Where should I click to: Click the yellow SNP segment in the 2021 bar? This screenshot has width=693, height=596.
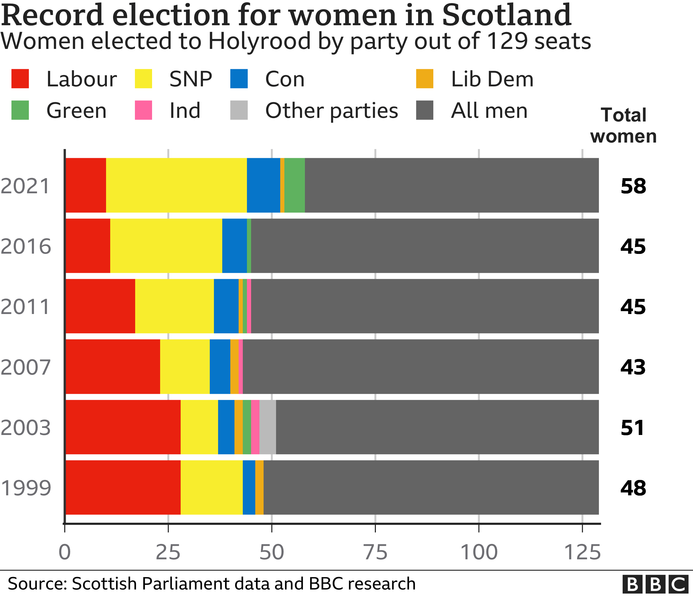(x=176, y=185)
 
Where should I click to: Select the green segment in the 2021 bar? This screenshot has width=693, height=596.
(x=294, y=185)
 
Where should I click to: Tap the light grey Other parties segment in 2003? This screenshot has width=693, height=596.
(x=267, y=427)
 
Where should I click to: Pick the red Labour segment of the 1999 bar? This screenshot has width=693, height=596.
(x=123, y=487)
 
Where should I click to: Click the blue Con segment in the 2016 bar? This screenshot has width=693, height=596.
(x=234, y=246)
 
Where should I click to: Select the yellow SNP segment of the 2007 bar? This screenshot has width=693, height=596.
(x=185, y=367)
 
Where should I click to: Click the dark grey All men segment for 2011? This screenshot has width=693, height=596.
(x=425, y=306)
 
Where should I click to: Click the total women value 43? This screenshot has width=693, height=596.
(x=633, y=367)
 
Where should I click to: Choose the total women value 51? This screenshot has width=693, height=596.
(x=632, y=428)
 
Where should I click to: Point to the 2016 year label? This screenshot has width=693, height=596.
(x=26, y=247)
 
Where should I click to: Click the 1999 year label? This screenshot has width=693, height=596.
(x=26, y=488)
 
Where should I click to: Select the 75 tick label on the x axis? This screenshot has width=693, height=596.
(x=375, y=552)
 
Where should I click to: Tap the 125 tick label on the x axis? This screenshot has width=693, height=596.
(x=582, y=552)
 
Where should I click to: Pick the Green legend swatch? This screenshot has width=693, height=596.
(x=20, y=110)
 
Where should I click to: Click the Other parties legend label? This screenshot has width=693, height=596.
(x=331, y=111)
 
